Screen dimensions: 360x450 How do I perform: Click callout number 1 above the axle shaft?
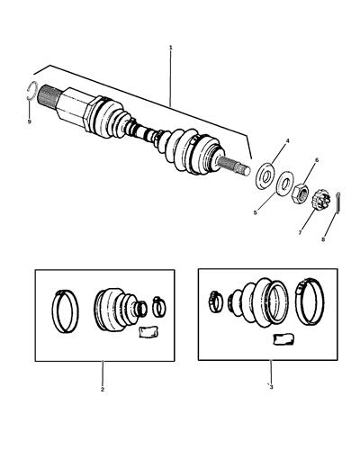coord(170,47)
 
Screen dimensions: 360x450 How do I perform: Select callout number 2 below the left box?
coord(102,389)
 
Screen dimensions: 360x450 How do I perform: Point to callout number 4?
coord(287,141)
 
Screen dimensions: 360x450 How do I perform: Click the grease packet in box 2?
coord(146,332)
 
